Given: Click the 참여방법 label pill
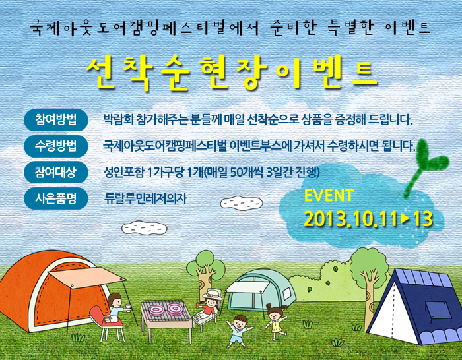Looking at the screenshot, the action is pos(55,120).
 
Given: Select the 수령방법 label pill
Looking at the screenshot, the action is pos(55,146).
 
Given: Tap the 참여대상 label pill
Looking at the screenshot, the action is pos(55,172).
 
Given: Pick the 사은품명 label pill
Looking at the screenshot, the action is pos(55,198).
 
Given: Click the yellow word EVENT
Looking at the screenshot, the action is pos(329,195).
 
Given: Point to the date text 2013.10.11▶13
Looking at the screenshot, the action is pos(368,219).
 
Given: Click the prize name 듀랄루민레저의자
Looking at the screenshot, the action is pos(146,198).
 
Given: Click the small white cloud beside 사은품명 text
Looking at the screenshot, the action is pos(242,203).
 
